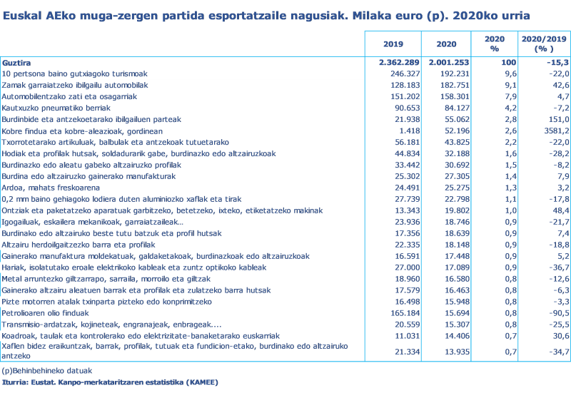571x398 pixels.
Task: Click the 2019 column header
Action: coord(388,44)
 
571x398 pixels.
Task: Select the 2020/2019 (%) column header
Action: coord(544,44)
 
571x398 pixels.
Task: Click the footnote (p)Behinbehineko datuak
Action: coord(46,371)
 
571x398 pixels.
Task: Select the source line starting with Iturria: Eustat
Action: coord(111,383)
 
